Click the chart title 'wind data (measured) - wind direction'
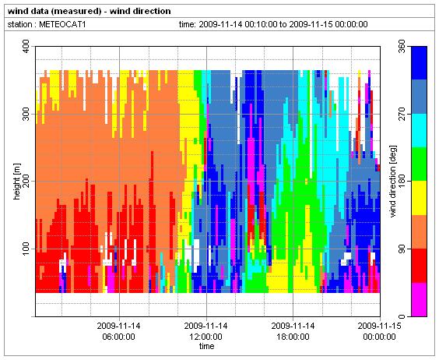point(90,11)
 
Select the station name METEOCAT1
point(62,24)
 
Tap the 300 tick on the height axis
point(26,114)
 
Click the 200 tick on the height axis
point(26,182)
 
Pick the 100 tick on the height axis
point(26,249)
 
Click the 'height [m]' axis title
point(17,182)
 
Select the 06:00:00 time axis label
point(119,337)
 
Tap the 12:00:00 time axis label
point(205,337)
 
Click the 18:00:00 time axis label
point(293,337)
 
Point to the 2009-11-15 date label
point(379,326)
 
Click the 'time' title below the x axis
point(206,346)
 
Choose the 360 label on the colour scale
point(402,47)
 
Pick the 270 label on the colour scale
point(402,114)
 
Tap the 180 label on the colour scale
point(402,182)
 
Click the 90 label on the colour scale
point(402,249)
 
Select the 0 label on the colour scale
point(402,316)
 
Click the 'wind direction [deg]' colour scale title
point(393,182)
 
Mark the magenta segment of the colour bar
point(419,299)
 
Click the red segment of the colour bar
point(419,266)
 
